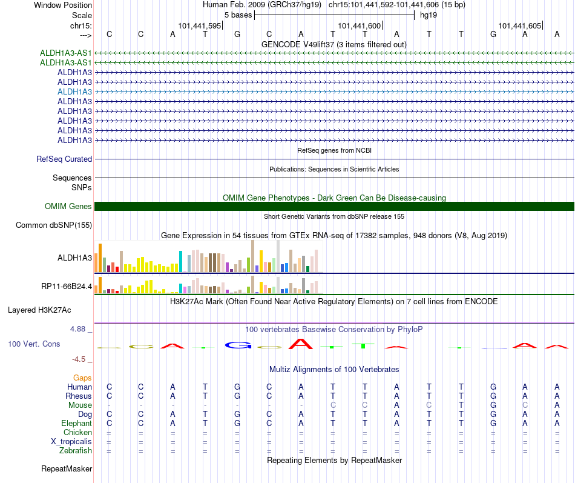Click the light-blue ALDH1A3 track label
point(74,92)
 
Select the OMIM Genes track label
point(68,207)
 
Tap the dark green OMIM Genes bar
point(334,207)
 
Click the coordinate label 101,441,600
point(359,25)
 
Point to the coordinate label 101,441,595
point(200,25)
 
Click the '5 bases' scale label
point(238,15)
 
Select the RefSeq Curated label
point(64,159)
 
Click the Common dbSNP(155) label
point(53,225)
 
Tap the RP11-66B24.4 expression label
point(67,286)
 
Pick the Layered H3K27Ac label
point(39,310)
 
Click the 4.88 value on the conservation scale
point(77,328)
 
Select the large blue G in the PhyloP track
point(238,345)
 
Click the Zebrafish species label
point(75,450)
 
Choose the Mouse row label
point(80,405)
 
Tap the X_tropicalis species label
point(71,442)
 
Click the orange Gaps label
point(82,378)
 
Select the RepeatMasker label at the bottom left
point(67,468)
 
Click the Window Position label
point(63,5)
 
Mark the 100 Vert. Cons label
point(34,344)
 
